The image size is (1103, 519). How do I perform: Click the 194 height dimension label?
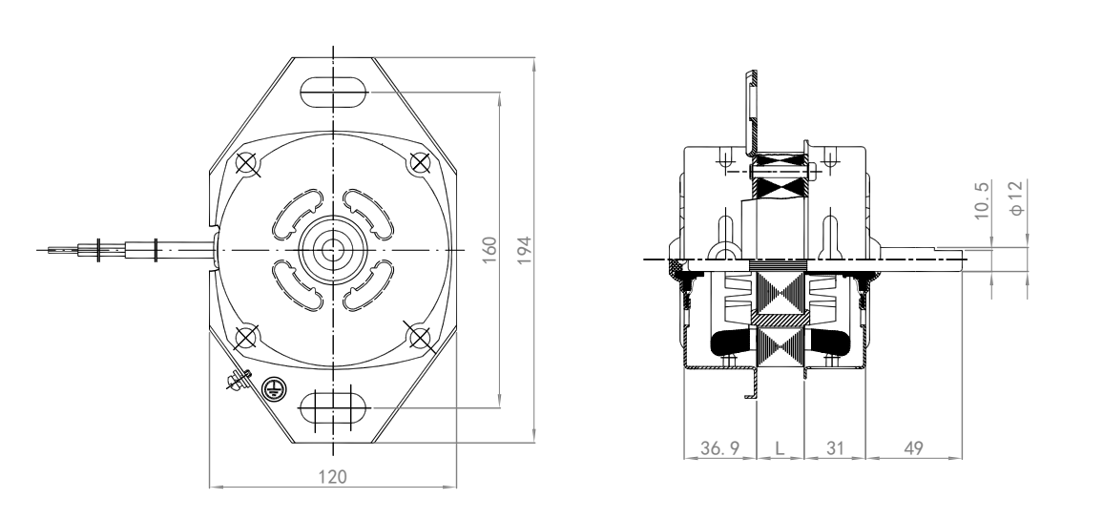point(524,250)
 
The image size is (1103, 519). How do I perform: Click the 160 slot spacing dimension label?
point(489,250)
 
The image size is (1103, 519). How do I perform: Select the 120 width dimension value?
point(332,477)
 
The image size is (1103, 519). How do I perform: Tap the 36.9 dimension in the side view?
point(719,448)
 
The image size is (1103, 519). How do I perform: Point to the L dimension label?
point(780,448)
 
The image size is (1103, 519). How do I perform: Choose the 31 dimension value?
point(834,448)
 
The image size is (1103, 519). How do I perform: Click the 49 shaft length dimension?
point(913,448)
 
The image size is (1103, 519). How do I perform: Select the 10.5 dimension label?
point(982,199)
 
